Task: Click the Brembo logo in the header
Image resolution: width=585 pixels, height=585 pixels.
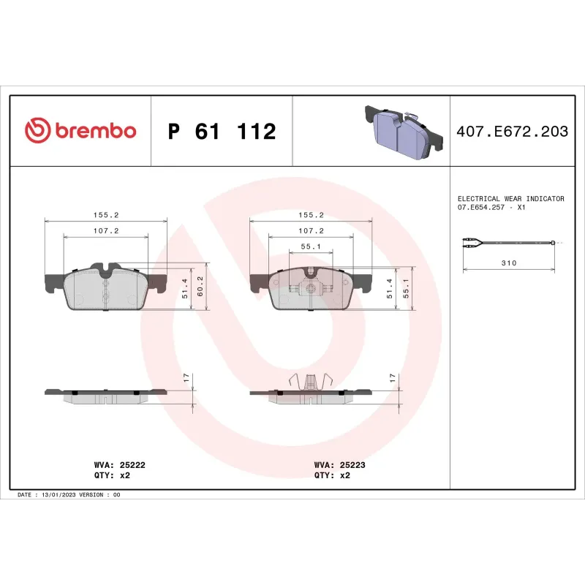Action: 80,131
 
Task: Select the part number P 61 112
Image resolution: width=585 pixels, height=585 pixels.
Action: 222,132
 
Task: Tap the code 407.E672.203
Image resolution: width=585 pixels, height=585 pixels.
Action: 512,132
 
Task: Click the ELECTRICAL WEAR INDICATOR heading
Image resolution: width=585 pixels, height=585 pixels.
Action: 510,198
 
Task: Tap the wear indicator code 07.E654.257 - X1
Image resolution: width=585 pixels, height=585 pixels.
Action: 492,208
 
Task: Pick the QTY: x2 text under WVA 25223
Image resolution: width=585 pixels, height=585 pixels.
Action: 332,475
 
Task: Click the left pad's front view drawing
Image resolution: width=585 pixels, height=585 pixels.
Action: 106,287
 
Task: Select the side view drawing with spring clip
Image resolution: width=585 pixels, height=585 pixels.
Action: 311,391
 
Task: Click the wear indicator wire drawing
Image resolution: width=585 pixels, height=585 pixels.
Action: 509,242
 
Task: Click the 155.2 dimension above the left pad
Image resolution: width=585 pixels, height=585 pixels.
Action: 106,216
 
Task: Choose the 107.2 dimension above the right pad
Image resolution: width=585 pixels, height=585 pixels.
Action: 311,230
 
